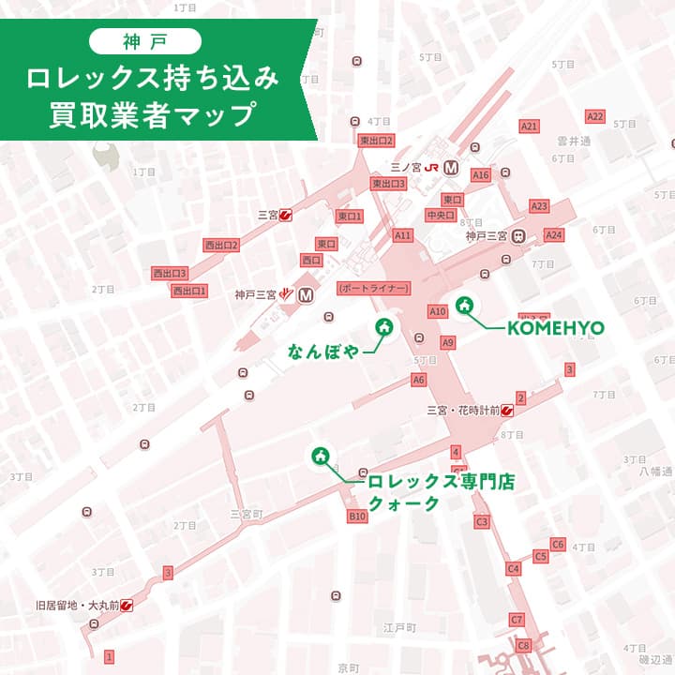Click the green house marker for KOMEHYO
coord(464,306)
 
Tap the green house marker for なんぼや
coord(383,327)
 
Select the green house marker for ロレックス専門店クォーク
coord(321,457)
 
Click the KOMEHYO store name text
coord(555,327)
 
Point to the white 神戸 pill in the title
coord(144,40)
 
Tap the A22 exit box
coord(594,116)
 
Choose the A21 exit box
coord(530,126)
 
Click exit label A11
coord(403,235)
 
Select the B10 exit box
coord(357,517)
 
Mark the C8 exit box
coord(524,645)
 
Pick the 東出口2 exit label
coord(376,141)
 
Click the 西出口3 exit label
coord(171,273)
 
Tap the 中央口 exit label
coord(440,215)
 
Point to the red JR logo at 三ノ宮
coord(432,167)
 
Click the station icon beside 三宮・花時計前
coord(507,409)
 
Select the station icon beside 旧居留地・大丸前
coord(127,606)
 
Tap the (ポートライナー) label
coord(372,287)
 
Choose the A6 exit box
coord(418,380)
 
